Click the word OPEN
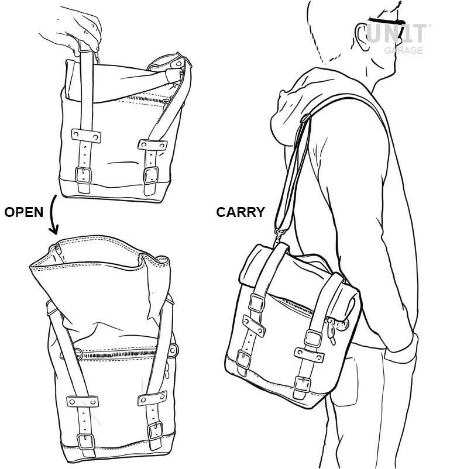click(x=24, y=212)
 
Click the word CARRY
click(x=241, y=212)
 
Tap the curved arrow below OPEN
click(x=53, y=215)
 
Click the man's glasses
click(x=386, y=22)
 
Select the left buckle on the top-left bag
click(x=83, y=175)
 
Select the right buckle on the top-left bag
click(x=150, y=175)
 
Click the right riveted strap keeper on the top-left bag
click(x=152, y=145)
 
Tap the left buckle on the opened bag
click(x=85, y=442)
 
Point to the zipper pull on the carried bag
click(x=331, y=332)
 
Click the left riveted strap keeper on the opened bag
click(x=83, y=401)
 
